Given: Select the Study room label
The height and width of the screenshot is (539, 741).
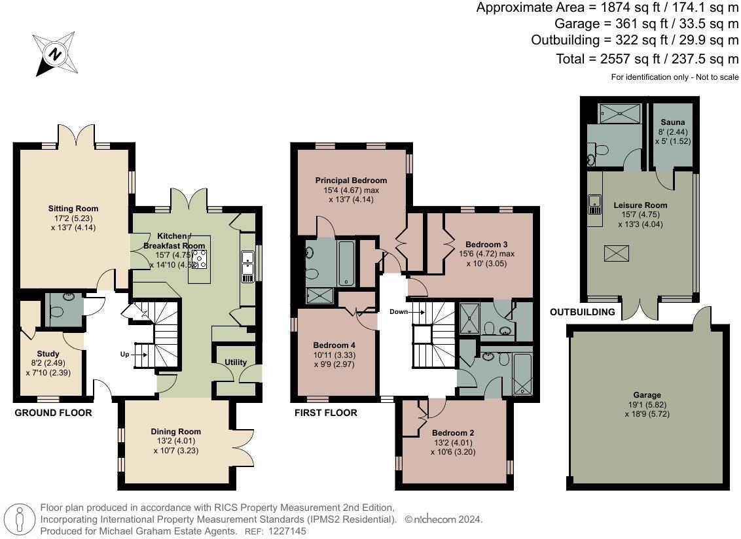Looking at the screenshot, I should (48, 354).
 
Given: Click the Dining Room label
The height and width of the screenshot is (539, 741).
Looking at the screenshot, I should (175, 432).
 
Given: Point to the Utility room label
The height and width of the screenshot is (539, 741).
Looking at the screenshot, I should (236, 362).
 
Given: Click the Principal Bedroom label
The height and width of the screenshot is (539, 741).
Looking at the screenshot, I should (351, 181).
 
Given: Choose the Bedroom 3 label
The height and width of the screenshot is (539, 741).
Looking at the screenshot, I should (486, 244).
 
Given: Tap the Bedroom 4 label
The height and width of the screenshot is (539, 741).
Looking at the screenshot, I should (334, 345).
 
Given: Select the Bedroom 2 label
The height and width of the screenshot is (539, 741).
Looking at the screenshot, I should (453, 433).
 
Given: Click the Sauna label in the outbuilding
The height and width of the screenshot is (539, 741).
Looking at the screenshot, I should (672, 122).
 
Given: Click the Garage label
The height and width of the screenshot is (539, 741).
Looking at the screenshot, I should (647, 395).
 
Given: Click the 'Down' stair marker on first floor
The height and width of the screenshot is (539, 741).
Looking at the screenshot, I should (399, 312).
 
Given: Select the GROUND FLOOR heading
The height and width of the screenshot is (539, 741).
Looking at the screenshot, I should (53, 413).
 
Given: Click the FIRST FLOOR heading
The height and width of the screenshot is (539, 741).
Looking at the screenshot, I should (325, 413).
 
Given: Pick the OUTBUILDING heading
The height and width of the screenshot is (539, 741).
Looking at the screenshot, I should (582, 312).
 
